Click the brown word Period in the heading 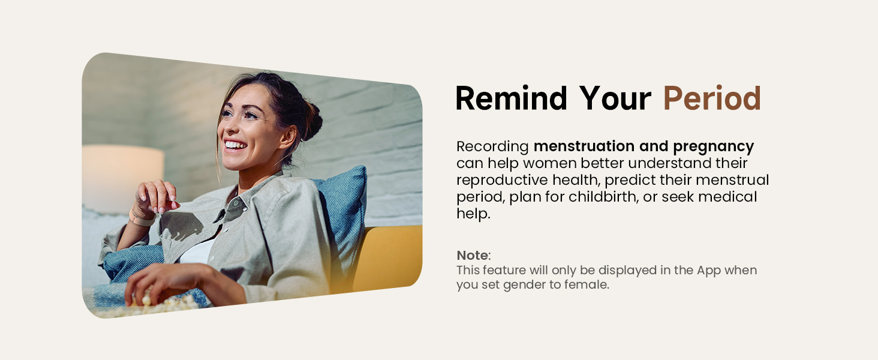(711, 98)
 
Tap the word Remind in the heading (511, 98)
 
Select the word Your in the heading (615, 98)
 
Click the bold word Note (472, 255)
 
